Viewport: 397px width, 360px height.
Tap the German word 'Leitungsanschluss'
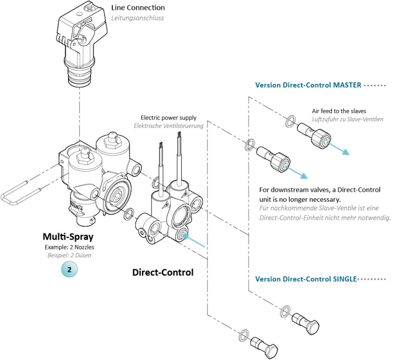[x=137, y=18]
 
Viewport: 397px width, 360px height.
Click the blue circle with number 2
[x=69, y=269]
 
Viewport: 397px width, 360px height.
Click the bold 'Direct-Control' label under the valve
[x=163, y=272]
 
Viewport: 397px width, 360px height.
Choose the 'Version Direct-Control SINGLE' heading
[x=306, y=279]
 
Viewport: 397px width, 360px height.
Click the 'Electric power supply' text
[x=168, y=118]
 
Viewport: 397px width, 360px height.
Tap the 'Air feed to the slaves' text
[x=338, y=111]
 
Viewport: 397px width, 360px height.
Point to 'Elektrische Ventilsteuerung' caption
[x=168, y=126]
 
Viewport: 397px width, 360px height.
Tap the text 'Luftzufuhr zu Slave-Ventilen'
[x=347, y=119]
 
